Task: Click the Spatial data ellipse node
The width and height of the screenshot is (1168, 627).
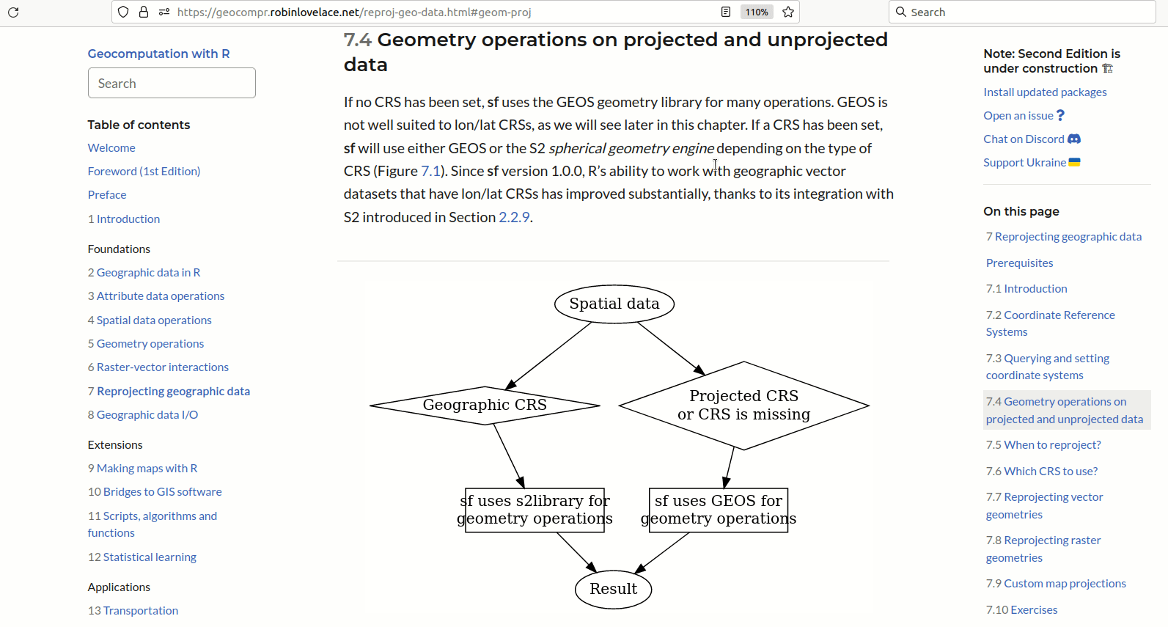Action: (x=614, y=304)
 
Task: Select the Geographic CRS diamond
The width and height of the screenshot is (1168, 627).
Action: (x=485, y=405)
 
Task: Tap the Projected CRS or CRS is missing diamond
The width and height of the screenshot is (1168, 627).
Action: (x=743, y=405)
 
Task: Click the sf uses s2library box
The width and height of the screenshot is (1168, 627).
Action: (x=535, y=510)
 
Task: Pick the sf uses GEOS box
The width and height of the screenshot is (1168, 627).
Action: (x=719, y=510)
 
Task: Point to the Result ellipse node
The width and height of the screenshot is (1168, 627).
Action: (x=613, y=589)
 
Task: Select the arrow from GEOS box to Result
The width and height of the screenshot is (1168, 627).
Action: (x=663, y=552)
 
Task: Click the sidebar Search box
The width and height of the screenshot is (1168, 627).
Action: (x=172, y=83)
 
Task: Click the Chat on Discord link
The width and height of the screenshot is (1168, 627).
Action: (x=1024, y=139)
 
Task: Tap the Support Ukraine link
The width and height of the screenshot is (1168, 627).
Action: (x=1024, y=162)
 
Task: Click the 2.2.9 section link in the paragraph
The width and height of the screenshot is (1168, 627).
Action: (x=514, y=217)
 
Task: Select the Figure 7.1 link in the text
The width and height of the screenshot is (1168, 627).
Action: (x=430, y=171)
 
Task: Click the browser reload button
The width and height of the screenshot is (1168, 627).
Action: (x=13, y=12)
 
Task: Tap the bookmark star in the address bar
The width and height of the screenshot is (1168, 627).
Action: (x=788, y=12)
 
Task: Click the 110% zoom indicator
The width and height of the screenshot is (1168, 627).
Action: (x=756, y=12)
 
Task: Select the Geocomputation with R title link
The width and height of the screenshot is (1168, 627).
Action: (x=158, y=54)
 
